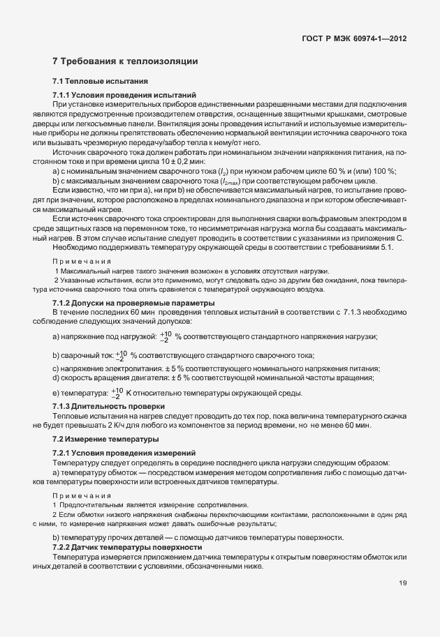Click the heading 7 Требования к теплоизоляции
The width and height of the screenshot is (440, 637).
[126, 62]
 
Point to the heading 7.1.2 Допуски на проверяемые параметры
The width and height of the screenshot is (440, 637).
[133, 303]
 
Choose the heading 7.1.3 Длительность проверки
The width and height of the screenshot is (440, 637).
[108, 406]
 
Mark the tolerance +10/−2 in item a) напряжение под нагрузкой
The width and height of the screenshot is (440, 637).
[166, 337]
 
